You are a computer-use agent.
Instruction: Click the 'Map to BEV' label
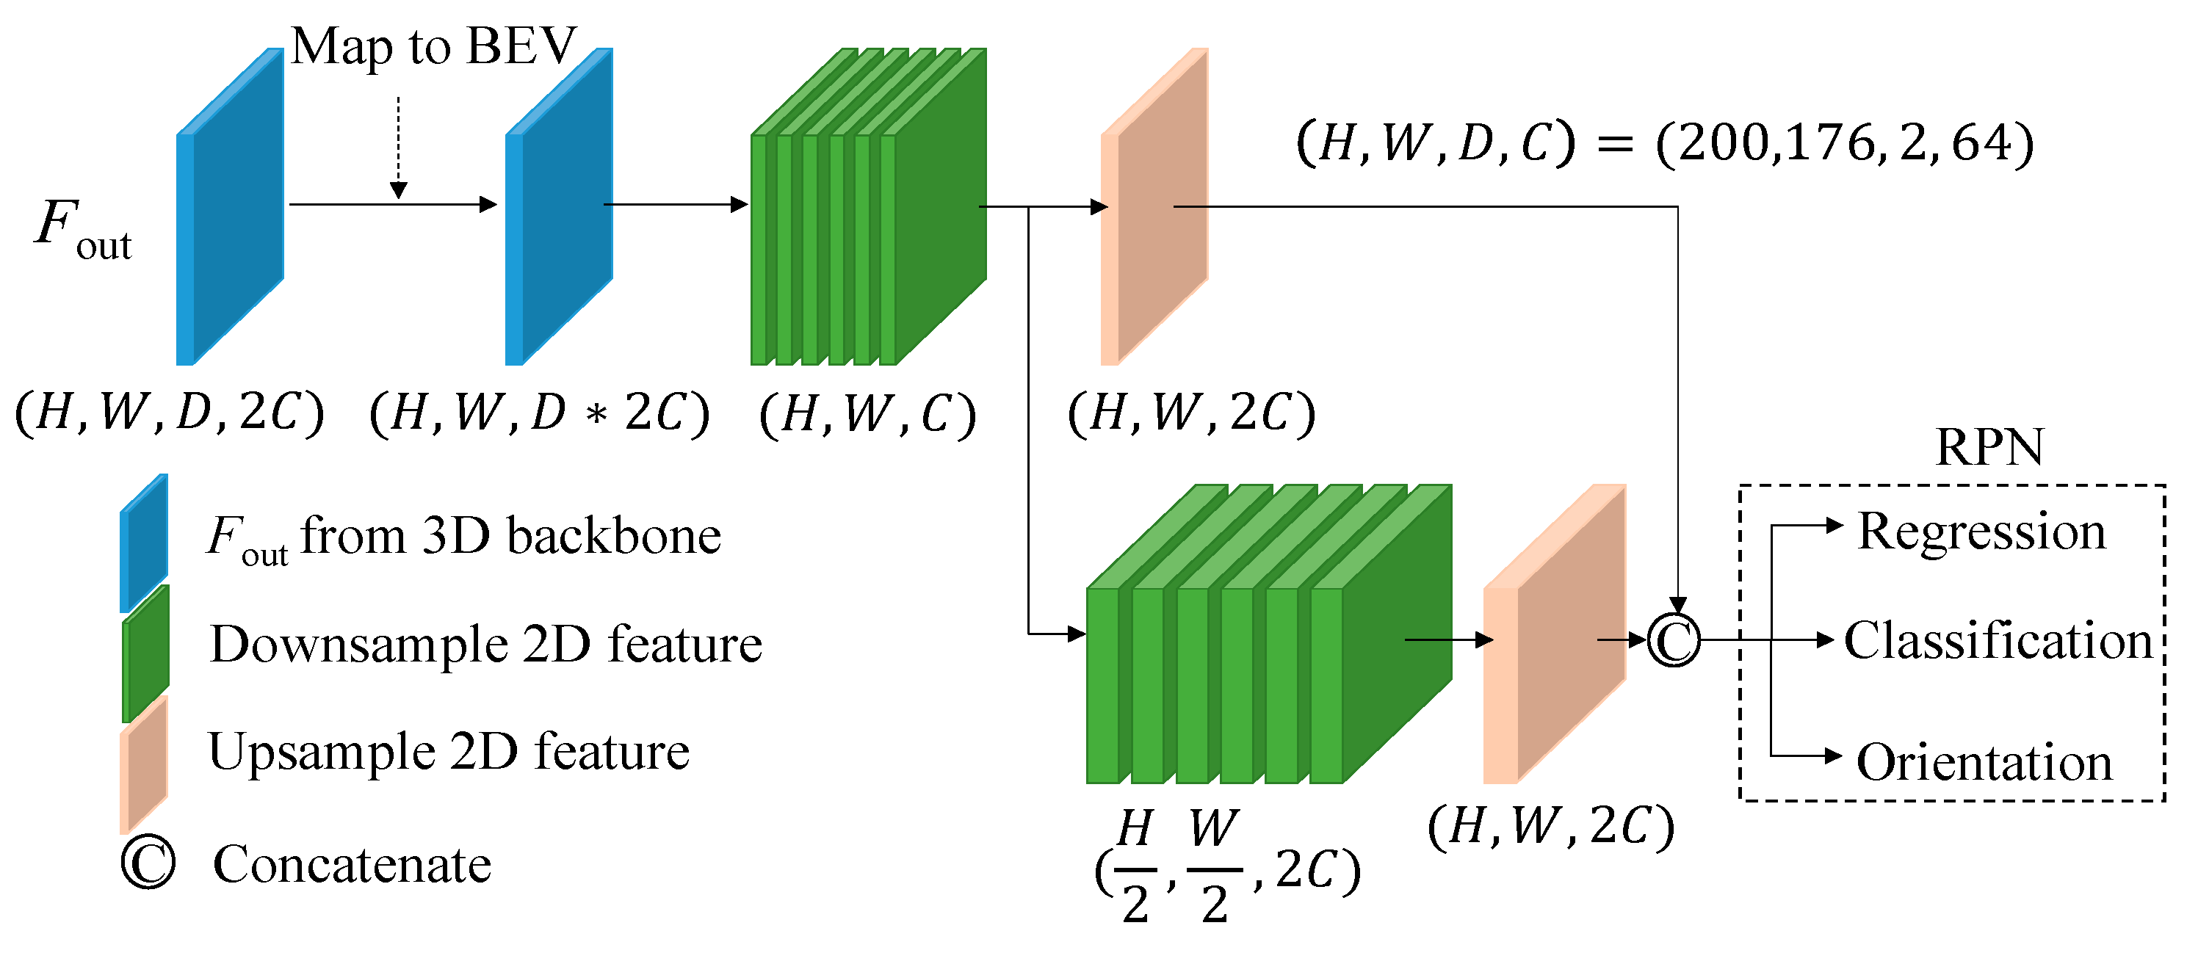(x=433, y=47)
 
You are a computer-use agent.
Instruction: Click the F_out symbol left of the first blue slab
(x=82, y=229)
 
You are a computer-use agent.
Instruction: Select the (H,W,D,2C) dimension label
(x=170, y=413)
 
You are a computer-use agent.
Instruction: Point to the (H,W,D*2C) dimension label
(x=539, y=413)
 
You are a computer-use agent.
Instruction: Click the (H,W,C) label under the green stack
(x=867, y=414)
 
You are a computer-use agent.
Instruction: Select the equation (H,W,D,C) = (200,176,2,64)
(x=1664, y=142)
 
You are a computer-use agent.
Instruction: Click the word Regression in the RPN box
(x=1981, y=532)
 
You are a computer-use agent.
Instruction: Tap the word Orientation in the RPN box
(x=1984, y=762)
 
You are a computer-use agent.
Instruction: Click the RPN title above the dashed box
(x=1989, y=447)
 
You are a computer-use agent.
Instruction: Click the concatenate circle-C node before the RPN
(x=1674, y=641)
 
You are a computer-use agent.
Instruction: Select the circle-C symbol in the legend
(x=148, y=864)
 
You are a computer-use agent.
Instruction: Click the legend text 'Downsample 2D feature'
(x=485, y=644)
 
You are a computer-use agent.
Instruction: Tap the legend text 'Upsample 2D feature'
(x=448, y=752)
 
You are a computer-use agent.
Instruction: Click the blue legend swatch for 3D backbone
(x=143, y=543)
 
